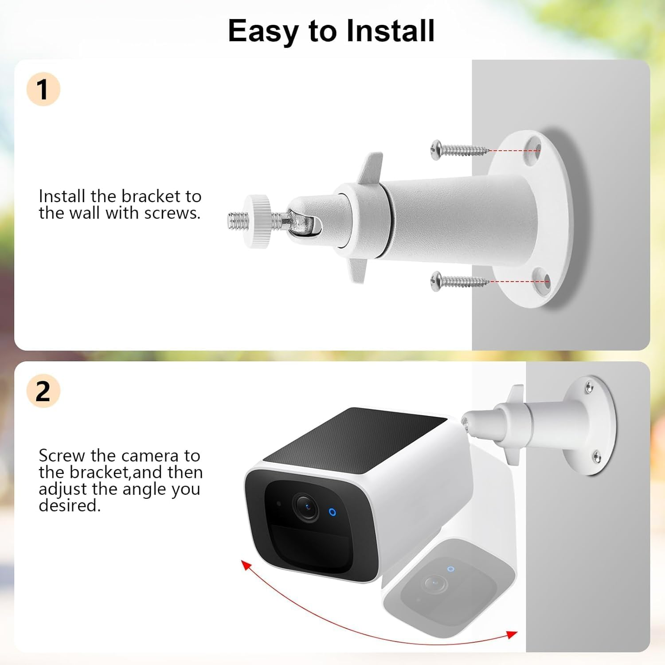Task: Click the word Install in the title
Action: click(x=390, y=31)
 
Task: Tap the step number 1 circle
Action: click(x=43, y=89)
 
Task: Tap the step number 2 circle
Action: click(x=43, y=391)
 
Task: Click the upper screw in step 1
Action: click(x=459, y=149)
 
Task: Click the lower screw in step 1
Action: click(x=459, y=280)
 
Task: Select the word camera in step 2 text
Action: click(x=150, y=456)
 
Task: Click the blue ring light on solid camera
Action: click(x=332, y=512)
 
